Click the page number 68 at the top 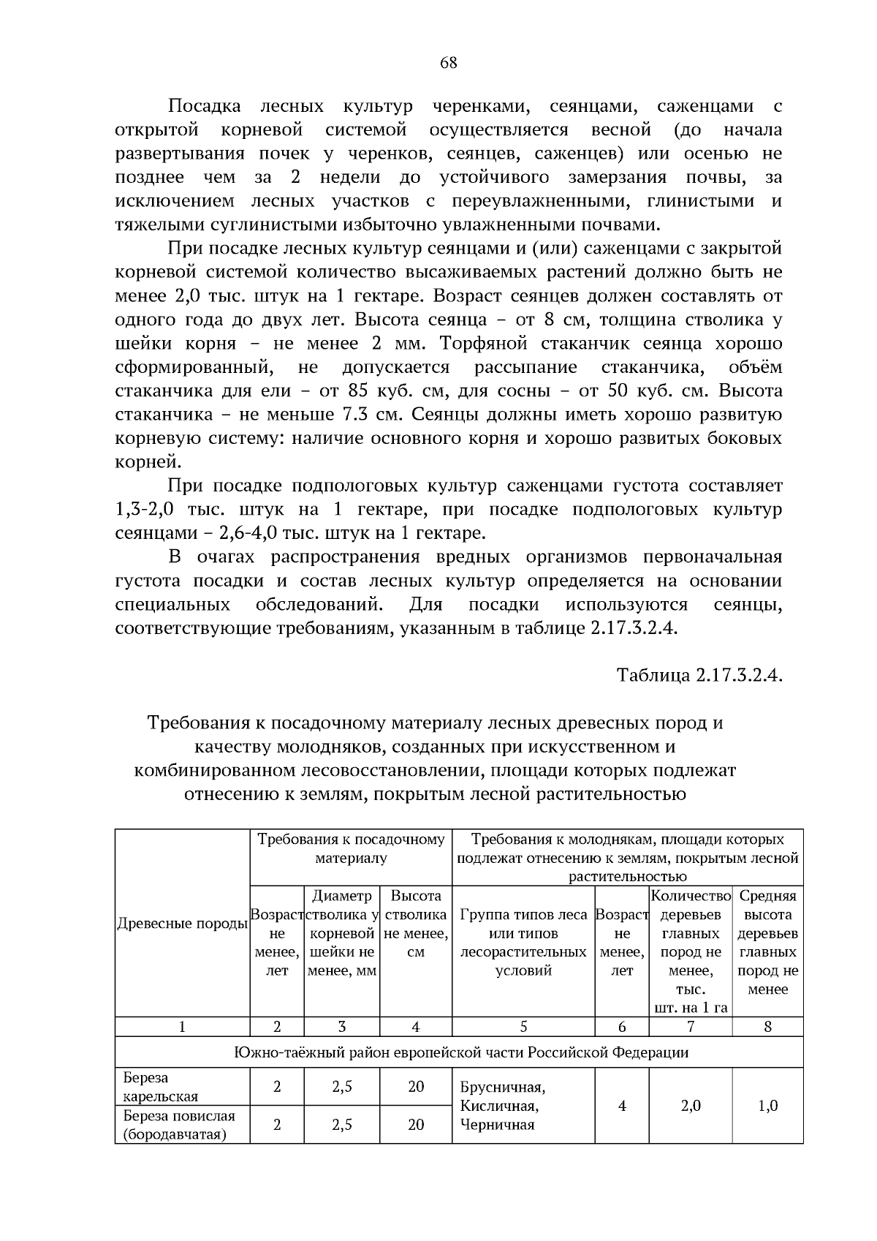448,63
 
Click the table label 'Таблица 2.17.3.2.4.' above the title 699,674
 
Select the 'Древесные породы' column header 182,924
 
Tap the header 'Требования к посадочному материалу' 351,848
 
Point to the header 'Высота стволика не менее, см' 416,924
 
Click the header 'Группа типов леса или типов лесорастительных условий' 523,943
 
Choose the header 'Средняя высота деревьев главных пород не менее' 767,943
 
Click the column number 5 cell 523,1027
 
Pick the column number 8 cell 767,1027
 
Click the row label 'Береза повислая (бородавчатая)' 179,1125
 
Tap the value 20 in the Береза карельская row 416,1087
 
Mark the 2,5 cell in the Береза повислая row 342,1125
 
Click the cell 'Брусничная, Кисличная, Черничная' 503,1106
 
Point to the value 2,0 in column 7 690,1106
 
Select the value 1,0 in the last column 767,1106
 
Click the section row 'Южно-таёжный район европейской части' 460,1052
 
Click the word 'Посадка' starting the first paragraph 205,106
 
